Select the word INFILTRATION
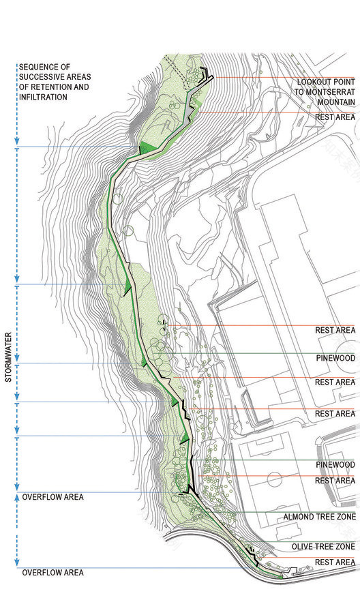point(43,97)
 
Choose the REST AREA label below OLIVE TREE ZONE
point(335,562)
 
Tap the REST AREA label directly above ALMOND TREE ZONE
point(335,481)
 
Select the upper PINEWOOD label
point(335,357)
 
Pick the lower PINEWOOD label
point(335,464)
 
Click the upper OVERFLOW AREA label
point(52,497)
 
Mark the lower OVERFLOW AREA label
point(52,573)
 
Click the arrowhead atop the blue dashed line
point(16,65)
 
